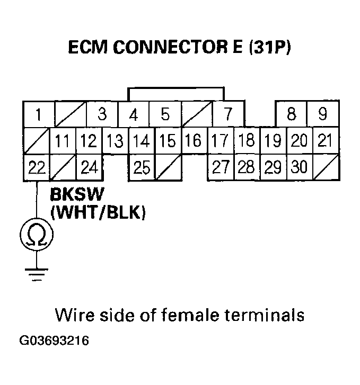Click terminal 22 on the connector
tap(36, 168)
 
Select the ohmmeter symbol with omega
tap(36, 233)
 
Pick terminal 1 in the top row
tap(38, 114)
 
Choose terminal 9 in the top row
tap(323, 114)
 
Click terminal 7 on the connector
tap(227, 114)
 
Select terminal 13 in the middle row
tap(115, 141)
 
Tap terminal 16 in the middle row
tap(194, 141)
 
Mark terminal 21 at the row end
tap(324, 141)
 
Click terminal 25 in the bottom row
tap(142, 168)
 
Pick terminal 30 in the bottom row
tap(299, 168)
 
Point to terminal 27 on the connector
tap(219, 168)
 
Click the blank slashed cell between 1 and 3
tap(70, 114)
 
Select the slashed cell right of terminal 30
tap(326, 168)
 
